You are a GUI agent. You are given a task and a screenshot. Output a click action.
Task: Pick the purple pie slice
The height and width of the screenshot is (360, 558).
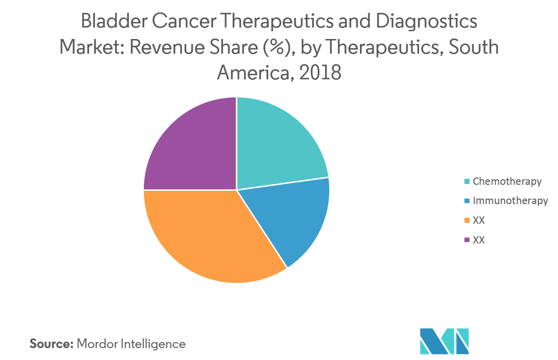(x=193, y=147)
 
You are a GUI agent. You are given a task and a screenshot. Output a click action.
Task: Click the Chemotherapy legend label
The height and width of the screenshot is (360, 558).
(x=507, y=181)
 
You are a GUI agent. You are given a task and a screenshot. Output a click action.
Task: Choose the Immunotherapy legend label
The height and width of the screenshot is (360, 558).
(x=510, y=201)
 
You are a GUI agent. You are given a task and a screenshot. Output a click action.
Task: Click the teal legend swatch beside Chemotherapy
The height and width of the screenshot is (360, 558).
(x=467, y=182)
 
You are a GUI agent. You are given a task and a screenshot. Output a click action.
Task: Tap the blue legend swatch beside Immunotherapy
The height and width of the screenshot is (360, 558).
(x=467, y=201)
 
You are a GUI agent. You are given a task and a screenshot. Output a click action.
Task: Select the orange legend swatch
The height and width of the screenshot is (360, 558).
(x=467, y=221)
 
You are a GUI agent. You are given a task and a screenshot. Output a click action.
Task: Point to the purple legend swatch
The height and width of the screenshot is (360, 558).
(x=467, y=240)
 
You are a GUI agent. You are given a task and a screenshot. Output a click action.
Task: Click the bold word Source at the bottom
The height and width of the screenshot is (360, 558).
(x=51, y=343)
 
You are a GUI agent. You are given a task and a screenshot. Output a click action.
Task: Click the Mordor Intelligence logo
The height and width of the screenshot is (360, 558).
(x=444, y=341)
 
